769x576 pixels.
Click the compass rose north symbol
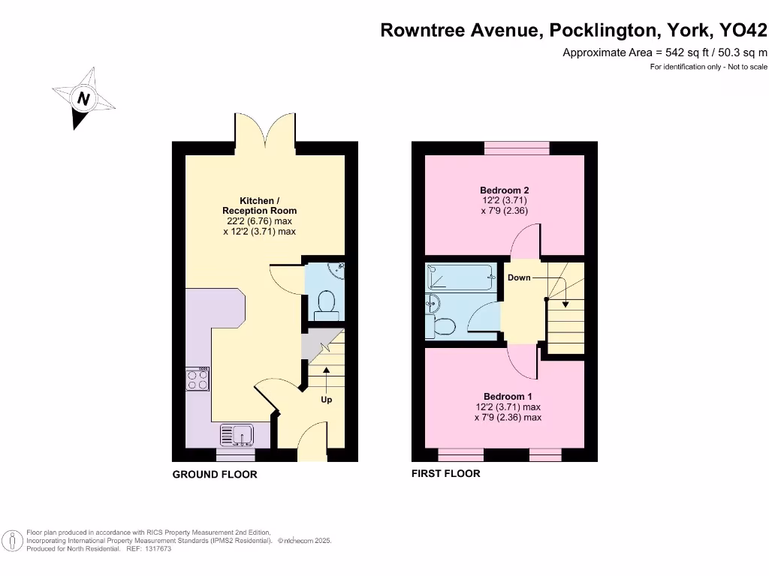83,98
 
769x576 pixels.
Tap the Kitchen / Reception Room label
259,205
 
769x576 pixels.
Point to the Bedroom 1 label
508,397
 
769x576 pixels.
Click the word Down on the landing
519,277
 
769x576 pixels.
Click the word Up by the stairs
327,400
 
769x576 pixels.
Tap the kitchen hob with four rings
198,379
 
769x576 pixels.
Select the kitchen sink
237,435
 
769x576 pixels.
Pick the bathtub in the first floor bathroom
460,277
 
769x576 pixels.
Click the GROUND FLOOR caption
215,474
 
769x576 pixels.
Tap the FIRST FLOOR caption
445,473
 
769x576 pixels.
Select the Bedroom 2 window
516,148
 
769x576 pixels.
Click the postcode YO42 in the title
743,30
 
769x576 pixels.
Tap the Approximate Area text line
665,52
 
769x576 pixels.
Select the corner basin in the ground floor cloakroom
339,268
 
